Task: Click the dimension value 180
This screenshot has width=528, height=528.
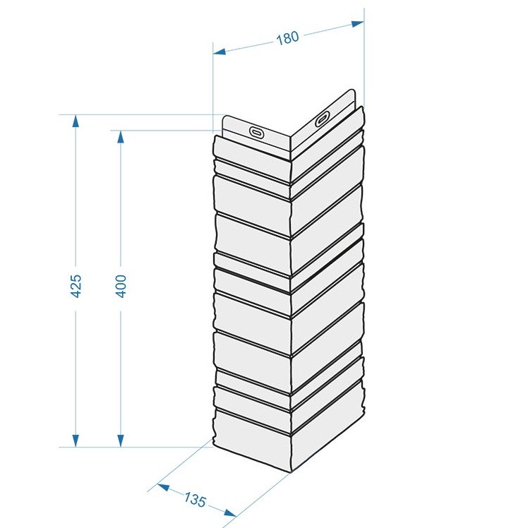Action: [287, 37]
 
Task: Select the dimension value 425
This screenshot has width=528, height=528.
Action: [76, 286]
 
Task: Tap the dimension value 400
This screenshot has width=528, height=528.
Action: [121, 286]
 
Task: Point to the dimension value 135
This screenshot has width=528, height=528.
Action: [195, 499]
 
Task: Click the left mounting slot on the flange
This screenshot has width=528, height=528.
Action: [257, 132]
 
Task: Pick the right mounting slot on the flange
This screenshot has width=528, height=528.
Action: [323, 119]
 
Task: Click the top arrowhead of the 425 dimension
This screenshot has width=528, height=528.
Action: [76, 121]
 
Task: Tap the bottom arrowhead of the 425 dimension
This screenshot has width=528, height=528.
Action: [76, 440]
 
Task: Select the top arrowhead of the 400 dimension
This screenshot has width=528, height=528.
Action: [121, 137]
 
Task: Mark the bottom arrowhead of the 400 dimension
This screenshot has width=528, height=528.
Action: [121, 440]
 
